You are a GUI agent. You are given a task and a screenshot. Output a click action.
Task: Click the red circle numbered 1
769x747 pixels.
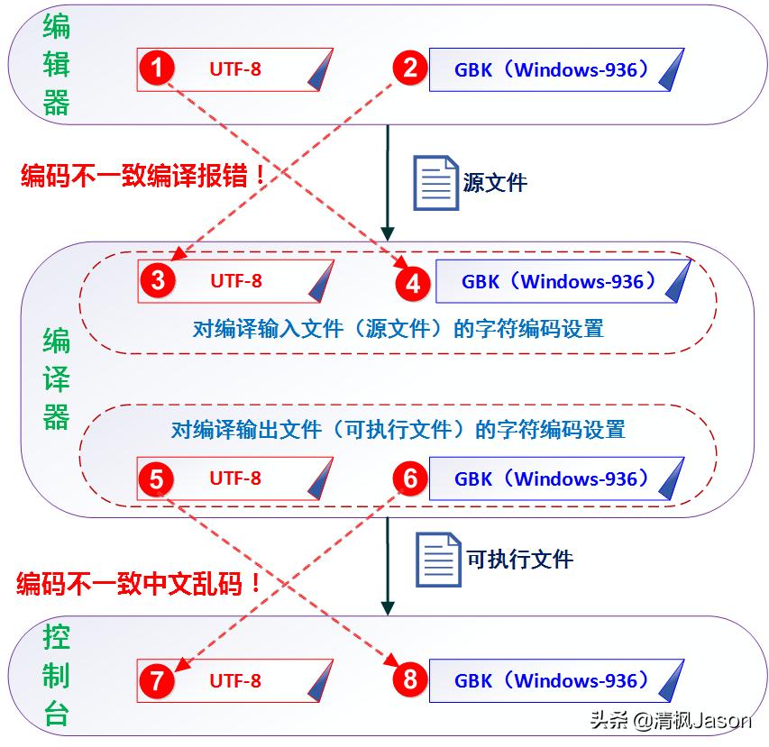click(x=159, y=68)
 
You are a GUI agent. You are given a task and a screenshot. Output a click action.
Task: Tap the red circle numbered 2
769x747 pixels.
click(x=410, y=68)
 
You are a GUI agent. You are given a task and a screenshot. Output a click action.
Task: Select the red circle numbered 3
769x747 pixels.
click(x=159, y=280)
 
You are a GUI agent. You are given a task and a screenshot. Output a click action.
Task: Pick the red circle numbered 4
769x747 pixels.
click(x=413, y=284)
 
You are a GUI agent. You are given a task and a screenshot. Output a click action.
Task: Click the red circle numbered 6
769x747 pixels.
click(x=410, y=478)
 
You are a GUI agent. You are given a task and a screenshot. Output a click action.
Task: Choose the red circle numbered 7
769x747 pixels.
click(x=158, y=680)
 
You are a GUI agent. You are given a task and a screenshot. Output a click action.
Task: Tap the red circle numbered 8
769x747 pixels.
click(x=410, y=680)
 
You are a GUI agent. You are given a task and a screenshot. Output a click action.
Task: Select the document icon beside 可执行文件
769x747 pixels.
click(x=439, y=560)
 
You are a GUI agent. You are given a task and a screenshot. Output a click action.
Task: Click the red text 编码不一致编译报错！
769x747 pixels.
click(x=144, y=175)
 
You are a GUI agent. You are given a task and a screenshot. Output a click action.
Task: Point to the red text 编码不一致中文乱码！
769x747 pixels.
click(x=141, y=583)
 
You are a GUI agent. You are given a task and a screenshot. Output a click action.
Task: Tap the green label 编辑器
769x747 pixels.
click(x=56, y=66)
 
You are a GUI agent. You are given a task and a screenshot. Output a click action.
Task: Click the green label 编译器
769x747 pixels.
click(x=56, y=378)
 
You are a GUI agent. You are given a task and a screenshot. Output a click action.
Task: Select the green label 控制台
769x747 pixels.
click(x=56, y=676)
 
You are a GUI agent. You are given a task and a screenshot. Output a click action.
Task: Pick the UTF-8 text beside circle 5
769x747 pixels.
click(x=235, y=478)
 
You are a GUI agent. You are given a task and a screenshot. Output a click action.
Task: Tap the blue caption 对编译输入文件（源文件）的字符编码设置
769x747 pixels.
click(x=398, y=328)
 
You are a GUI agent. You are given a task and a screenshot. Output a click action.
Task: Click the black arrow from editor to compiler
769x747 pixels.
click(x=388, y=180)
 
